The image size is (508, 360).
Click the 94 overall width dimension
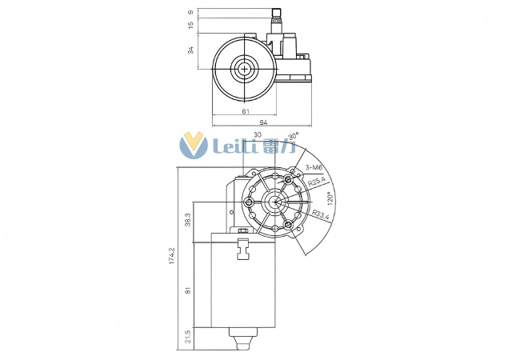point(262,121)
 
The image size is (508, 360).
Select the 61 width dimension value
point(244,111)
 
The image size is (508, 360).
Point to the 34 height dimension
point(191,50)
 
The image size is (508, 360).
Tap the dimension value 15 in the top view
point(191,25)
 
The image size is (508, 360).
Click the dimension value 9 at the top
point(191,12)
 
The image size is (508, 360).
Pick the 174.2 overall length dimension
point(172,256)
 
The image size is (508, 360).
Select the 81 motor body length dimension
point(187,290)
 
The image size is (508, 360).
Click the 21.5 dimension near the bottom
point(187,337)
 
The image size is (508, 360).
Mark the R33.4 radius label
point(321,214)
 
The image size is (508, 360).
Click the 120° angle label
point(330,198)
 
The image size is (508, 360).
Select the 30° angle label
point(294,136)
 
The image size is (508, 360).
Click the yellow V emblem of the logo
point(194,145)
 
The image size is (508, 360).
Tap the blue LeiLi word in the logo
point(235,146)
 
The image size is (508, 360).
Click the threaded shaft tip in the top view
point(278,13)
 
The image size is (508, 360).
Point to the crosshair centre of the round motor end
point(243,68)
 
